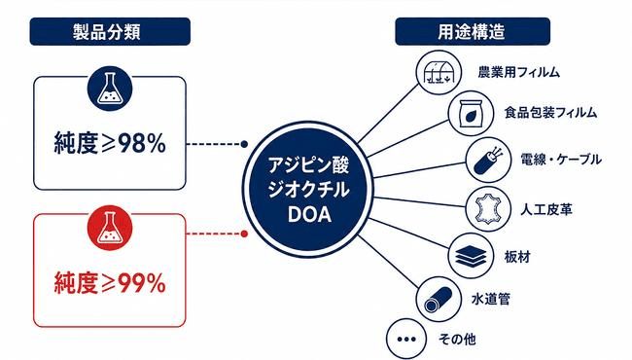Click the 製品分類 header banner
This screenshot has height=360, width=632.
(x=110, y=31)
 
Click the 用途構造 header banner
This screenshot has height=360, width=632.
(x=473, y=31)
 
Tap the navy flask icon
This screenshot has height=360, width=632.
(x=110, y=89)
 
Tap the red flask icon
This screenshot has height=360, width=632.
(x=110, y=228)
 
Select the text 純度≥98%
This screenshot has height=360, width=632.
(x=110, y=143)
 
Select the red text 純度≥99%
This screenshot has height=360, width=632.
(x=110, y=283)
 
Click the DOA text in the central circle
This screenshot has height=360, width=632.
(x=309, y=214)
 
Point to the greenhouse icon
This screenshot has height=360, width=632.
(x=439, y=73)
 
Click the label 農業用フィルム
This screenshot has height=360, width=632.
(x=519, y=72)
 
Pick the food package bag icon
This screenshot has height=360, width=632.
(x=471, y=113)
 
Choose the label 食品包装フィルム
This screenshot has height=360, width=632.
(x=550, y=113)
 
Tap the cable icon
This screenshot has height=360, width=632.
(x=488, y=160)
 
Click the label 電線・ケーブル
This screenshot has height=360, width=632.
(x=561, y=160)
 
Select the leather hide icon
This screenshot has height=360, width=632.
(x=488, y=209)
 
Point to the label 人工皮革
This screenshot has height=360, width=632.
(x=546, y=209)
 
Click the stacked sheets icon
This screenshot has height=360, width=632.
(x=471, y=256)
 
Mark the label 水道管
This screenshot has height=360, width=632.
(x=490, y=299)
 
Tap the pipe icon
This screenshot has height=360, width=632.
(x=439, y=299)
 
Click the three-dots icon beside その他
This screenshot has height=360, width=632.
(x=406, y=339)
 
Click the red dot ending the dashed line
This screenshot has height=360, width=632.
(x=244, y=234)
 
